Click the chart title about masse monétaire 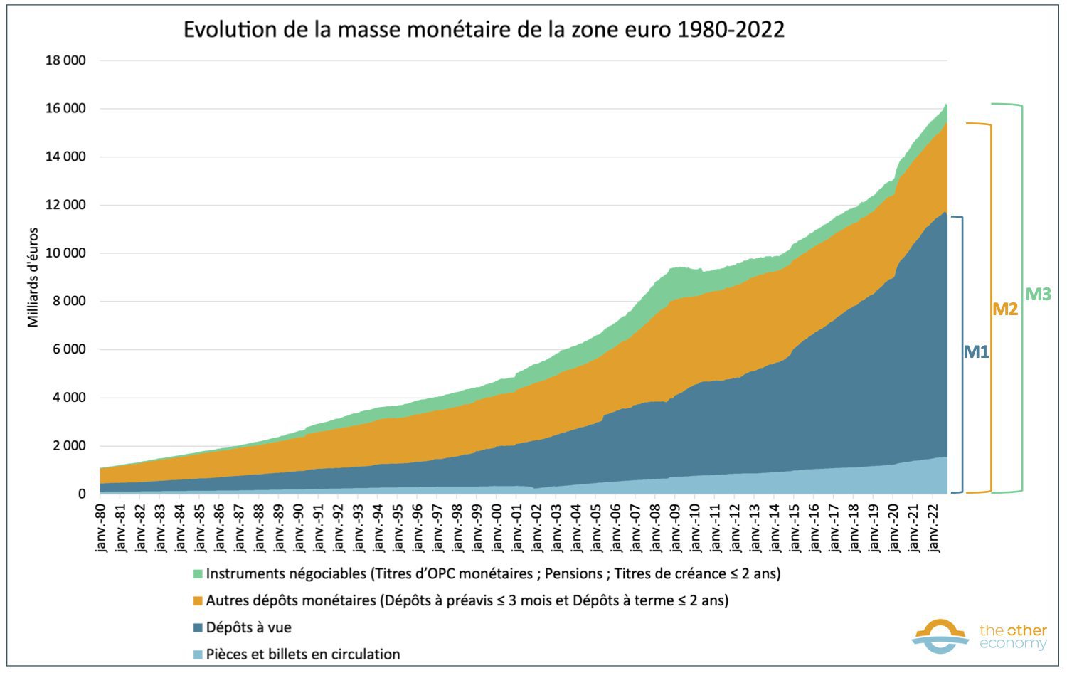click(484, 30)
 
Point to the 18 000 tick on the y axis click(65, 61)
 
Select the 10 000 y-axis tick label click(65, 253)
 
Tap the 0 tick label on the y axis click(82, 494)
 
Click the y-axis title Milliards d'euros click(33, 277)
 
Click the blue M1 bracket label click(976, 351)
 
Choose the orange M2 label click(1005, 309)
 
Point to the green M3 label click(1038, 295)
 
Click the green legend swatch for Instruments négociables click(198, 574)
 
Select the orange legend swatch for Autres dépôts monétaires click(198, 601)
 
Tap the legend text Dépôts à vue click(249, 627)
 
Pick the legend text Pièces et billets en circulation click(303, 655)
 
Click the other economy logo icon click(940, 636)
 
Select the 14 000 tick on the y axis click(65, 157)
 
